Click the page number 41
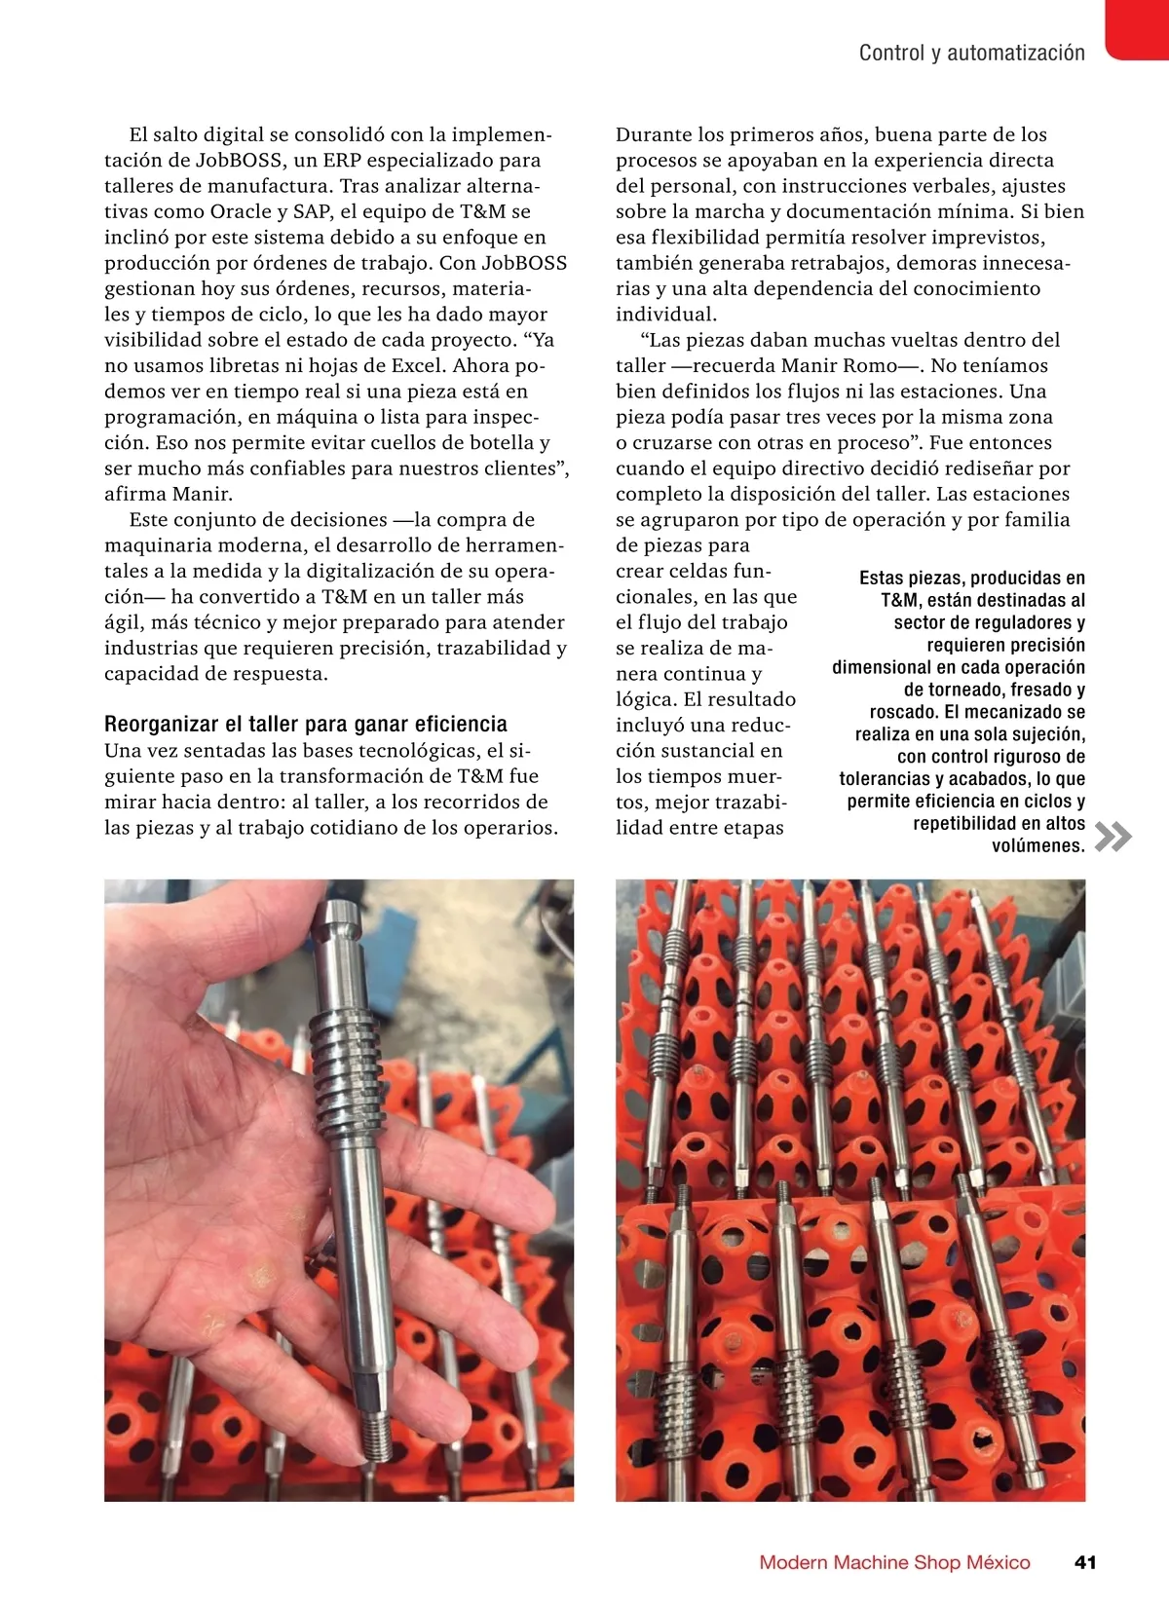click(1085, 1562)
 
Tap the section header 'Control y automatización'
click(971, 53)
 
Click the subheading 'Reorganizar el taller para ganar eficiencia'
click(306, 724)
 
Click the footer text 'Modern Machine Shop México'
click(894, 1562)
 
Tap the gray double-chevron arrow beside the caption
click(1113, 837)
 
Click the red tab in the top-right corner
click(1138, 29)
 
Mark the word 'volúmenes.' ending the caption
click(1038, 845)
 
